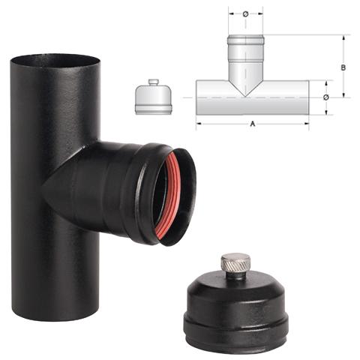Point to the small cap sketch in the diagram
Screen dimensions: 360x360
pos(153,100)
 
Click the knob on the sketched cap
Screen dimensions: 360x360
pos(153,82)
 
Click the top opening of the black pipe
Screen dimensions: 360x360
pos(55,60)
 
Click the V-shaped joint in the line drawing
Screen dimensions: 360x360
pos(244,86)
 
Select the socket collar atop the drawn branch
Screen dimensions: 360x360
pos(244,43)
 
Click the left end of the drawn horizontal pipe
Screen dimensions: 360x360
pos(198,97)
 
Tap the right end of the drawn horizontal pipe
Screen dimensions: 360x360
pos(307,97)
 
